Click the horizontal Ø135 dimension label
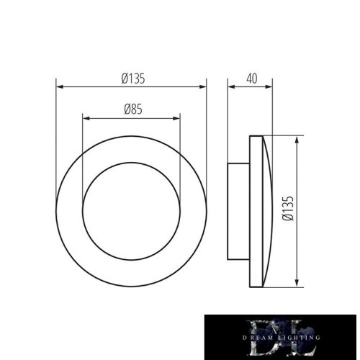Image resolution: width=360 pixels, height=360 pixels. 134,79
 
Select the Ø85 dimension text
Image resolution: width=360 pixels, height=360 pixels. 131,109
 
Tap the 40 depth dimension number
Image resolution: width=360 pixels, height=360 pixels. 251,79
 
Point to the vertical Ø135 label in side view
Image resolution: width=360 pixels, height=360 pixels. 288,209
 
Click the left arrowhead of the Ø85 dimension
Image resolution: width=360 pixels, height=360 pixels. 86,117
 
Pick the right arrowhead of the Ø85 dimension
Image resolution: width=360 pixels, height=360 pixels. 178,117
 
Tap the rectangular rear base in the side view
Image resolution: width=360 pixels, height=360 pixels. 238,211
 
